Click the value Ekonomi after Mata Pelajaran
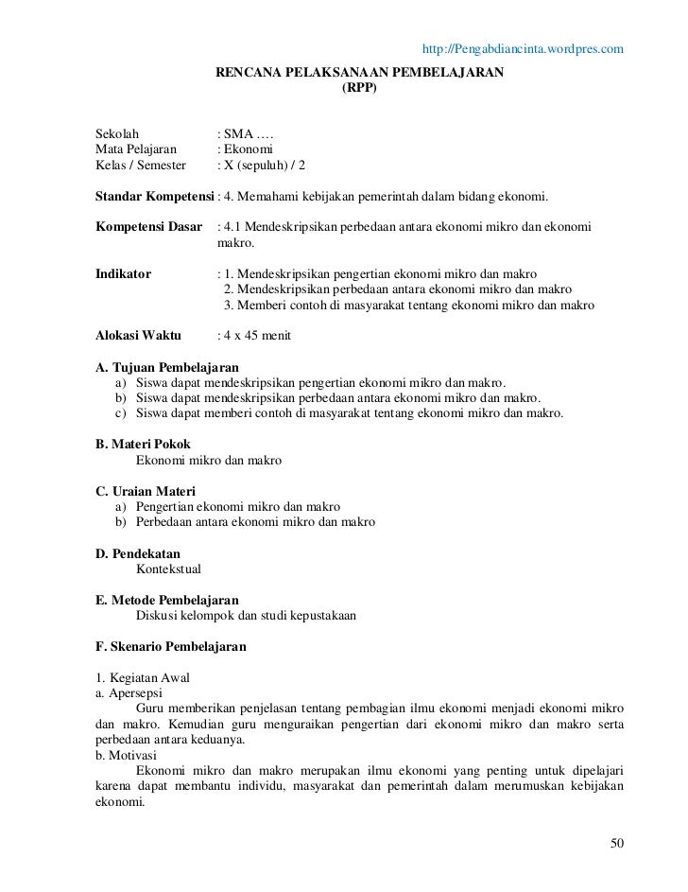pyautogui.click(x=246, y=165)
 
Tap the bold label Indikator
pyautogui.click(x=124, y=274)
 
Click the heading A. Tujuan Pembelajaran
pyautogui.click(x=167, y=366)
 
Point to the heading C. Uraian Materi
pyautogui.click(x=146, y=491)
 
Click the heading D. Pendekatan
pyautogui.click(x=138, y=553)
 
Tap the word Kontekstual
pyautogui.click(x=169, y=569)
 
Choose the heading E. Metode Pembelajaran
pyautogui.click(x=167, y=601)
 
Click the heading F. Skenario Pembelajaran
pyautogui.click(x=171, y=648)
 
